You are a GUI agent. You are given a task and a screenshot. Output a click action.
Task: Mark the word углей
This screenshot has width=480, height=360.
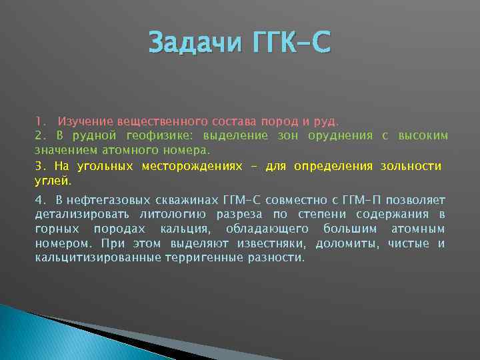(x=52, y=180)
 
